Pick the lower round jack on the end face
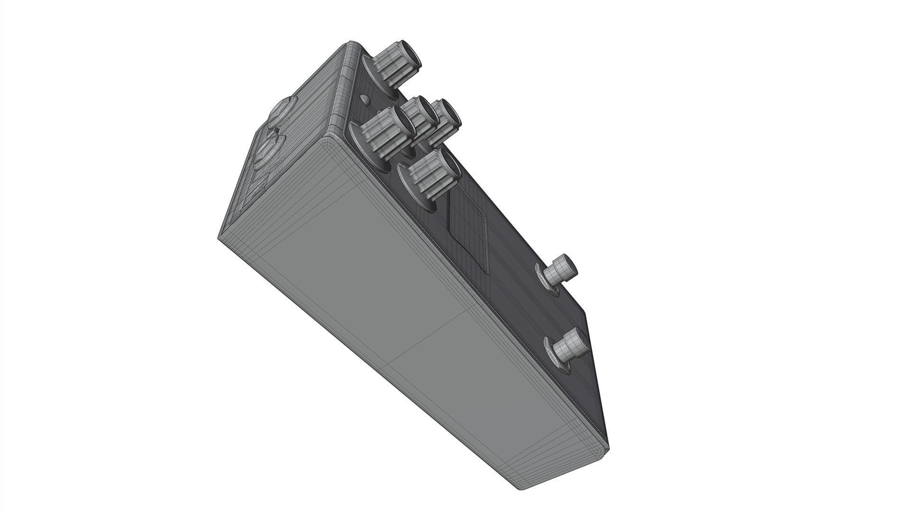click(x=268, y=152)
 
